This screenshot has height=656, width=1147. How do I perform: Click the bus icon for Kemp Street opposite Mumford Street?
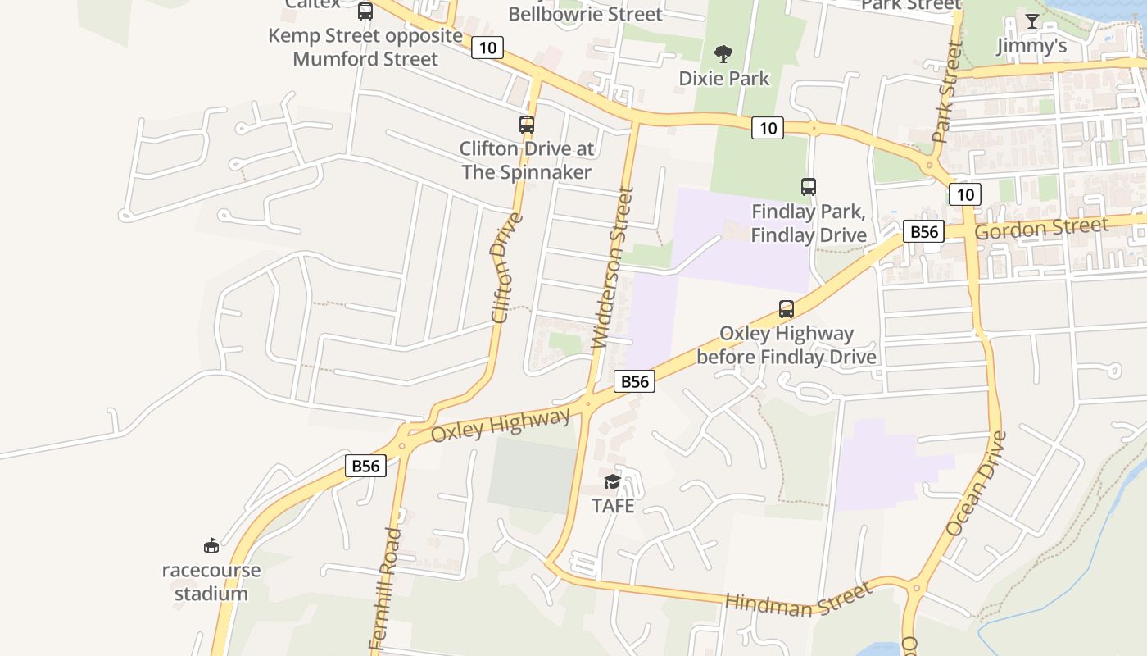[365, 11]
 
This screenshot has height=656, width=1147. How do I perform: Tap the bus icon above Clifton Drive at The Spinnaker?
[527, 125]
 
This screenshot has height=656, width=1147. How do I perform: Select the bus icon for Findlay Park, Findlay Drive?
[809, 187]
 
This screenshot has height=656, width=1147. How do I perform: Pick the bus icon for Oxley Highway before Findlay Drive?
[787, 309]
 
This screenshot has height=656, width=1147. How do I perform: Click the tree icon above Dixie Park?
[723, 54]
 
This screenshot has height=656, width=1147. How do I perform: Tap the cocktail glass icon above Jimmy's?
[1032, 21]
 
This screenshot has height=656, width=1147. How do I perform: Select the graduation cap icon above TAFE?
[613, 481]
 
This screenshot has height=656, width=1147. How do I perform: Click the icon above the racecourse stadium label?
[211, 545]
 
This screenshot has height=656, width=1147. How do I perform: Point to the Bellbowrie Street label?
[585, 14]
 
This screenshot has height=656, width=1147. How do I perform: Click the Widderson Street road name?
[614, 268]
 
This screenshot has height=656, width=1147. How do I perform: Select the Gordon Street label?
[1041, 228]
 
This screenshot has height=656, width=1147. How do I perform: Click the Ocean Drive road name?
[975, 484]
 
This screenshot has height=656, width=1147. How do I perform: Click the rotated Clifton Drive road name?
[505, 268]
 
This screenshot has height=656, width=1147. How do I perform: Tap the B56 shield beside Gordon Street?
[924, 232]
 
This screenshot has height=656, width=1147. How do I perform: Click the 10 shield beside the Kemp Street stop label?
[487, 48]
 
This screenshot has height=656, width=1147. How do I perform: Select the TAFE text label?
[613, 506]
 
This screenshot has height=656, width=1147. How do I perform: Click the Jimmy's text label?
[1031, 46]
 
